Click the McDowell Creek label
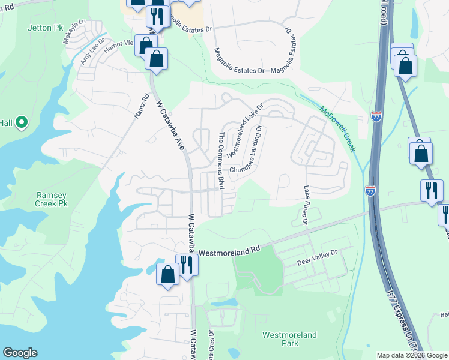click(x=337, y=127)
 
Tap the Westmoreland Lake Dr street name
click(x=244, y=130)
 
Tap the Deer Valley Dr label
click(x=318, y=259)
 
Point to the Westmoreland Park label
click(x=290, y=339)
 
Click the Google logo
click(x=20, y=353)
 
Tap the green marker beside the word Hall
click(x=22, y=123)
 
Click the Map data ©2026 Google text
click(x=412, y=355)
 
